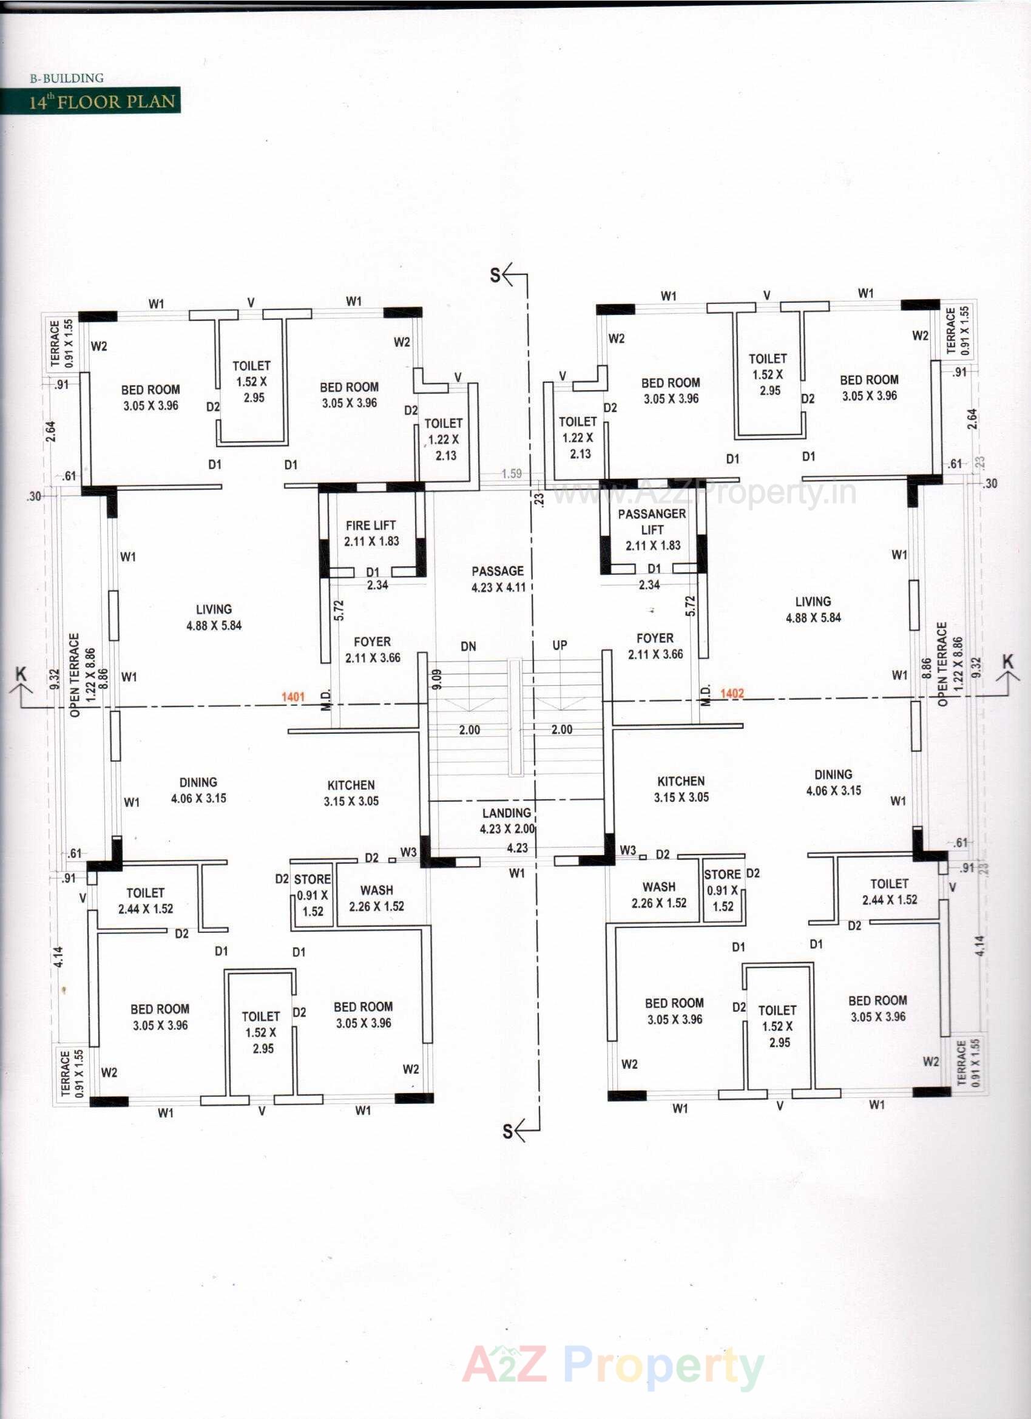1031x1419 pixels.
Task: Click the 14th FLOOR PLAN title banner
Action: tap(90, 101)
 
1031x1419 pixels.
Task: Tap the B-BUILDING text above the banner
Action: tap(67, 78)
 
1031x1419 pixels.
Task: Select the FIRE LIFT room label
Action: tap(371, 533)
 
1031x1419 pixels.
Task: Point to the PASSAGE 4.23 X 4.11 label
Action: tap(498, 579)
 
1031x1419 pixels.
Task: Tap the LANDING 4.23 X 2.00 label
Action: tap(507, 821)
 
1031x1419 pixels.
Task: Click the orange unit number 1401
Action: tap(292, 696)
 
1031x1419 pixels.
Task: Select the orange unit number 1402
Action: tap(732, 693)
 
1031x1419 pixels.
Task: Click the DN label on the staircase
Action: tap(468, 646)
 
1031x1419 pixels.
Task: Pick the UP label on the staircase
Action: tap(559, 645)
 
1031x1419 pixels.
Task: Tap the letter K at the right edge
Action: tap(1007, 662)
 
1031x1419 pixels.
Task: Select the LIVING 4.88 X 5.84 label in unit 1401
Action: tap(214, 617)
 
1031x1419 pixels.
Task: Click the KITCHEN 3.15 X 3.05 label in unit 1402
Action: tap(681, 789)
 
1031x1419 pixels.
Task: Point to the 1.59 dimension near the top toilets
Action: tap(512, 473)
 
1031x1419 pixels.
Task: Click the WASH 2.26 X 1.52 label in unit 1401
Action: tap(377, 898)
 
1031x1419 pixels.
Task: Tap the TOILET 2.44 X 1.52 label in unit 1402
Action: tap(889, 892)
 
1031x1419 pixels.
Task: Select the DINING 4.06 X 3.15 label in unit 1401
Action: tap(198, 790)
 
